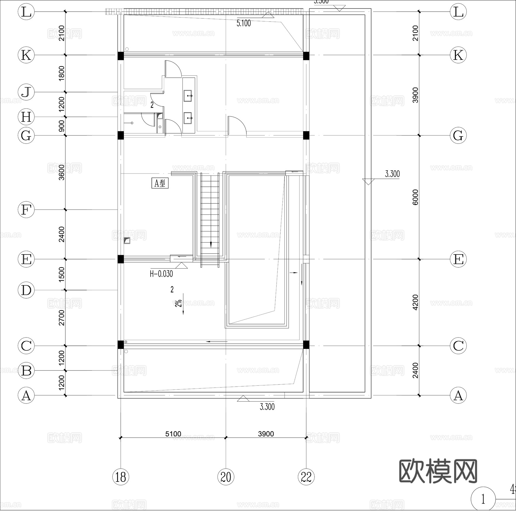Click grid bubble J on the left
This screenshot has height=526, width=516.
[26, 92]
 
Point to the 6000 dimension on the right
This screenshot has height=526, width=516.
[415, 197]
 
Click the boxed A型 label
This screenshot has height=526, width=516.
[160, 183]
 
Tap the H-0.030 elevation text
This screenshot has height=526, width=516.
[161, 274]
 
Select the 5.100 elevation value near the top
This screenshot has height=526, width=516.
[244, 23]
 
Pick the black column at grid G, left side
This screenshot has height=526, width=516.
[121, 135]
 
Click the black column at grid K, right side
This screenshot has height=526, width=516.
[306, 55]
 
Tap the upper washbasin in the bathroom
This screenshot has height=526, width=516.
[188, 96]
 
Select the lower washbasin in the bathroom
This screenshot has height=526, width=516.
[188, 118]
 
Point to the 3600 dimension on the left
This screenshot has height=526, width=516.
[62, 172]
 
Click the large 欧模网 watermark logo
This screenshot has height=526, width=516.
[438, 471]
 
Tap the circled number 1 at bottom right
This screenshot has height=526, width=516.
[483, 499]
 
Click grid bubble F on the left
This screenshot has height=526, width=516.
[26, 210]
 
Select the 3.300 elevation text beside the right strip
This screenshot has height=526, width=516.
[392, 174]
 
